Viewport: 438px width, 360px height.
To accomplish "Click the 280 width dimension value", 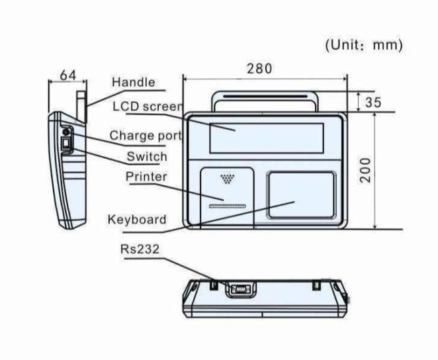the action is [259, 68].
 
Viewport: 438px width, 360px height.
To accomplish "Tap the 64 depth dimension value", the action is [68, 75].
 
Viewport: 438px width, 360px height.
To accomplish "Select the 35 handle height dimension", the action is [373, 102].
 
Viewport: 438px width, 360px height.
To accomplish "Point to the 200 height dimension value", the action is [365, 170].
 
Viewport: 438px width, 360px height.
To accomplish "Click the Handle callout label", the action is [134, 82].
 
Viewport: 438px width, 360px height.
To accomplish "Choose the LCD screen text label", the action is [148, 107].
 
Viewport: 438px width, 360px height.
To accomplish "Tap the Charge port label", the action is [146, 136].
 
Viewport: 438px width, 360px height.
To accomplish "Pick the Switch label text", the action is [147, 156].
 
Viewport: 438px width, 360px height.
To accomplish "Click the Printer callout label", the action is [146, 177].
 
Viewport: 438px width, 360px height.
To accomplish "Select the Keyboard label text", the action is [137, 220].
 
